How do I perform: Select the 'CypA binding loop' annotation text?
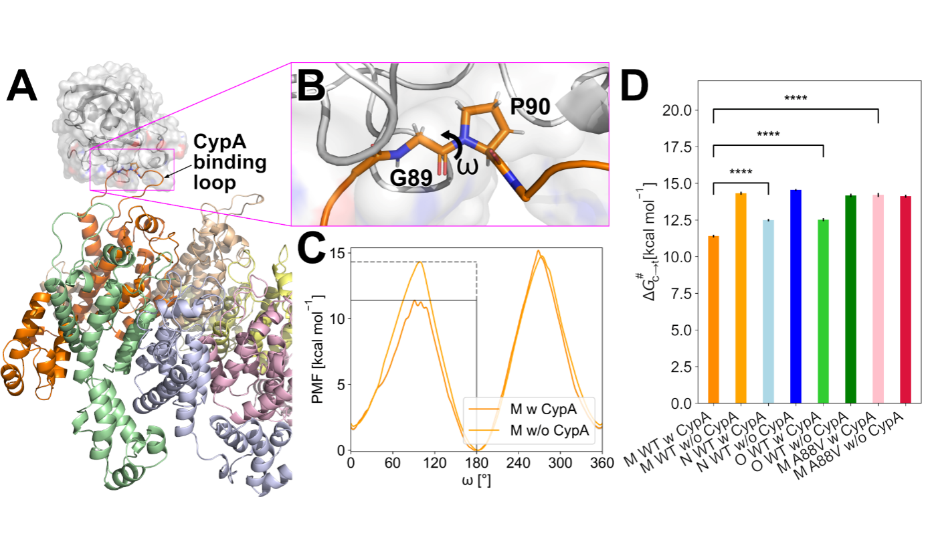229,162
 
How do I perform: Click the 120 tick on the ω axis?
435,462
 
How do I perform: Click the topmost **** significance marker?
796,100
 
